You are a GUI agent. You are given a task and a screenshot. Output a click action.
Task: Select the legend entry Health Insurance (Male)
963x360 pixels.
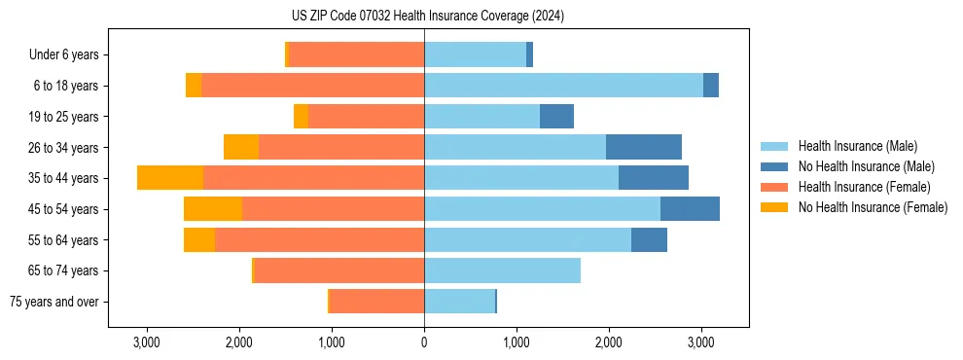pyautogui.click(x=857, y=146)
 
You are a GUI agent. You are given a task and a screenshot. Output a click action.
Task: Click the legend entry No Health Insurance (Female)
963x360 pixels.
pyautogui.click(x=873, y=207)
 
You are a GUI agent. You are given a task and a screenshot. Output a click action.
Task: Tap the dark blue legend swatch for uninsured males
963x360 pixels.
pyautogui.click(x=774, y=166)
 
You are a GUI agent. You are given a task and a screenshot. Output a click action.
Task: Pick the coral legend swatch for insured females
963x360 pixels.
pyautogui.click(x=774, y=187)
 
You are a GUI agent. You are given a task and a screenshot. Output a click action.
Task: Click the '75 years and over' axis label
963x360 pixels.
pyautogui.click(x=54, y=302)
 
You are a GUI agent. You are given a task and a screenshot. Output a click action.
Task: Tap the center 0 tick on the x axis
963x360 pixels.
pyautogui.click(x=424, y=342)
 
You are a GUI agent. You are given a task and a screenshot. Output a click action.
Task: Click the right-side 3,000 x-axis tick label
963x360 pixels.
pyautogui.click(x=701, y=342)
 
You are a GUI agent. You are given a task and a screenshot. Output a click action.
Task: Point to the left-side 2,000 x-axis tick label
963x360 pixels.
pyautogui.click(x=239, y=342)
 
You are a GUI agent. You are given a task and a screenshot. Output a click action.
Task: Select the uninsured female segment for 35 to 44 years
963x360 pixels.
pyautogui.click(x=170, y=178)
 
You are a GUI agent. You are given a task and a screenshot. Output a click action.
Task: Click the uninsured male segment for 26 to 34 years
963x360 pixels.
pyautogui.click(x=644, y=148)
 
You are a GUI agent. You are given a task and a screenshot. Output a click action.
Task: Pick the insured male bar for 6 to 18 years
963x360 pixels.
pyautogui.click(x=563, y=86)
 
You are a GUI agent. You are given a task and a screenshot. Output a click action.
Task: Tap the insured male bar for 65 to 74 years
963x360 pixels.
pyautogui.click(x=502, y=270)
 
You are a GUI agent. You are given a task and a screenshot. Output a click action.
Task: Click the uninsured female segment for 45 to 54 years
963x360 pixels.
pyautogui.click(x=213, y=209)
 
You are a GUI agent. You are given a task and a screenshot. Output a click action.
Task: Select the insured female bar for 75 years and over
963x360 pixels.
pyautogui.click(x=377, y=302)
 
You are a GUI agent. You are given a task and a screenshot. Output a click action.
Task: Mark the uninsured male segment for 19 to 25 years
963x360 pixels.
pyautogui.click(x=556, y=117)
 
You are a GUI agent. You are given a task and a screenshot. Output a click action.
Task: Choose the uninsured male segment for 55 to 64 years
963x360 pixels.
pyautogui.click(x=649, y=240)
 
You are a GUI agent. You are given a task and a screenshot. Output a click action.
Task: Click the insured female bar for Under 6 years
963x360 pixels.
pyautogui.click(x=357, y=55)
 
